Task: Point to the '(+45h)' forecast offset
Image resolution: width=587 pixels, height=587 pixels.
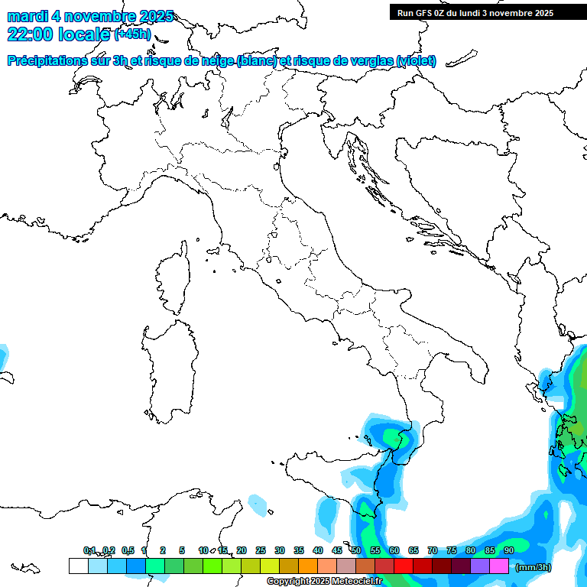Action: pos(132,34)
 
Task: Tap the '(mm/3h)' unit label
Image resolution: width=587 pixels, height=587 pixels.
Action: pos(533,567)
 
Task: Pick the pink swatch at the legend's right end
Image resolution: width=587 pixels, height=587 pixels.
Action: pos(499,566)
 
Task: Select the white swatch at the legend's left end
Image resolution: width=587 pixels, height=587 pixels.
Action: pos(78,566)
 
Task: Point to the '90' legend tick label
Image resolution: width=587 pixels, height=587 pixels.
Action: pos(509,550)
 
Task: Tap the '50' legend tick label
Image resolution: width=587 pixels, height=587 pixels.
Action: pos(356,550)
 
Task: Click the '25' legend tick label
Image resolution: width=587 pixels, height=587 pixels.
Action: pos(261,550)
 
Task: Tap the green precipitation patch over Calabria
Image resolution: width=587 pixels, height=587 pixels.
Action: pos(394,438)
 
